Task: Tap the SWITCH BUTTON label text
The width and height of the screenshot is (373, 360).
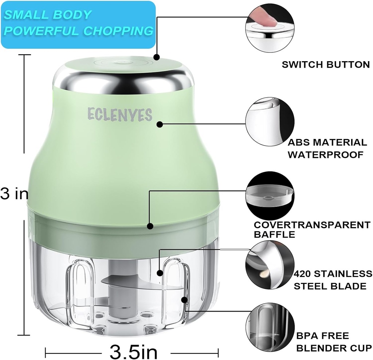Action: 326,65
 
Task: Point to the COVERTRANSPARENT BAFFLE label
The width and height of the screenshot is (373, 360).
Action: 311,230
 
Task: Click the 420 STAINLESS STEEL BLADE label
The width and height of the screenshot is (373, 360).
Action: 333,280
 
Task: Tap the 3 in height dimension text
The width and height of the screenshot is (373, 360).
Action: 14,194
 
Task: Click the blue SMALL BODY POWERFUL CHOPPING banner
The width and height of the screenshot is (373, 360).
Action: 78,24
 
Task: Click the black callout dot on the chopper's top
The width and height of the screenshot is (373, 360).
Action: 157,57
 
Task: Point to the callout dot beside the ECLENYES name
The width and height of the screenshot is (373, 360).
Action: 160,124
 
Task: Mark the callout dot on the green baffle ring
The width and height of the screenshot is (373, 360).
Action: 150,226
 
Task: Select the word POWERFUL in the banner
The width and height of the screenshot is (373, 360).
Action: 40,31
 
